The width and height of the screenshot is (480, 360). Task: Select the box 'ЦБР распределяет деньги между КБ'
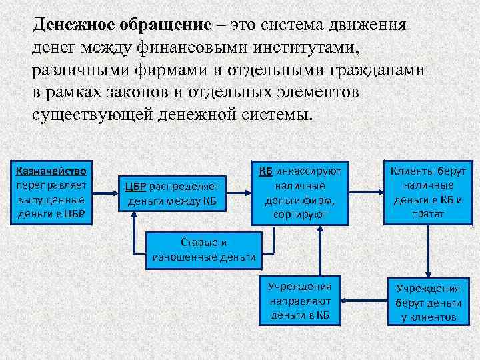pos(173,193)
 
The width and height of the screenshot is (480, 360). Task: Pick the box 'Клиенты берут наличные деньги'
pos(428,193)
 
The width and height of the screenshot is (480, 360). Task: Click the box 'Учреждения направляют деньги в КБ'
pos(299,300)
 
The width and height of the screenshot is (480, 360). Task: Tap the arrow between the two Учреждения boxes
pos(363,300)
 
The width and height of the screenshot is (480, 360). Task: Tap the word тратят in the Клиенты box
pos(428,214)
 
